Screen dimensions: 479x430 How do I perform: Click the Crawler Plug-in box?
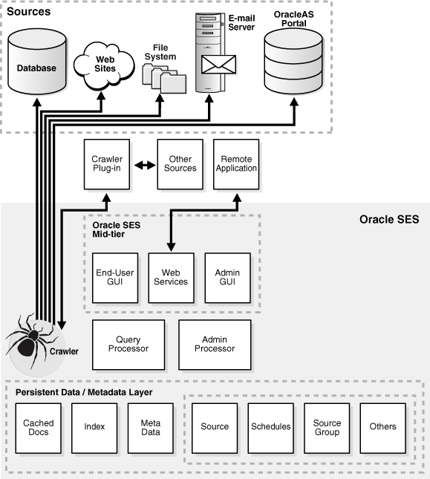pos(107,163)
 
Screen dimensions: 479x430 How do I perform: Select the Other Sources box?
pos(180,163)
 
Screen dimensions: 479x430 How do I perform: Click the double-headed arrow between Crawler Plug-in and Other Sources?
pos(143,164)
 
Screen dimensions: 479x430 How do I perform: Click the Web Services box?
pos(170,276)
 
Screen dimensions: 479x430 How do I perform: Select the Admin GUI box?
pos(227,276)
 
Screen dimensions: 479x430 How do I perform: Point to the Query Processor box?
pos(128,344)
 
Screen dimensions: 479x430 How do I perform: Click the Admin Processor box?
pos(215,344)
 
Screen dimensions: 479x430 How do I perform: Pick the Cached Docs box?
pos(39,427)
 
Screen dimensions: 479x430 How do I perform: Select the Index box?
pos(94,427)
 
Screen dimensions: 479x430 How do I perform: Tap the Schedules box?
pos(271,427)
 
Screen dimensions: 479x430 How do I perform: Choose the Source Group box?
pos(327,427)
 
